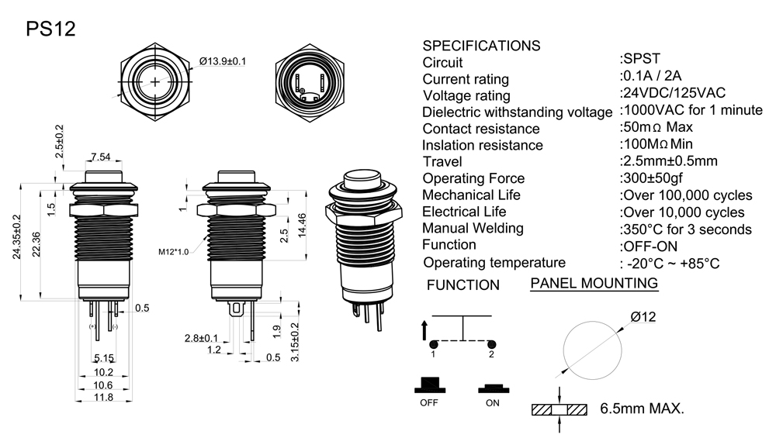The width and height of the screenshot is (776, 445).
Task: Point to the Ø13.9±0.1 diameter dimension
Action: (223, 60)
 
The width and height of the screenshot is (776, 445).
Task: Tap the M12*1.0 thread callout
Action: (175, 251)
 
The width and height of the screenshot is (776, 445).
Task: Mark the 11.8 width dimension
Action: (103, 398)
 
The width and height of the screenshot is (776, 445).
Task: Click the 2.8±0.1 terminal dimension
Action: (201, 338)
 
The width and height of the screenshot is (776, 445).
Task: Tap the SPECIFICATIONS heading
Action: (481, 45)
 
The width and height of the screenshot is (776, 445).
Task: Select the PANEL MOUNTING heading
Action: (594, 283)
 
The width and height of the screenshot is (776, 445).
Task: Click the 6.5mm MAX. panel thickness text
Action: (642, 408)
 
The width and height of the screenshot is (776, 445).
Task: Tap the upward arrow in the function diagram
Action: (424, 329)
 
